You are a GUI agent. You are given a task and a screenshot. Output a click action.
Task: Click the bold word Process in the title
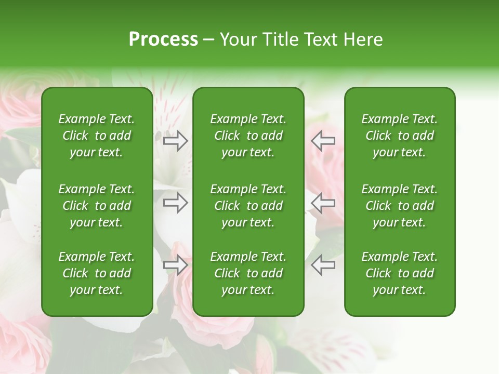[163, 39]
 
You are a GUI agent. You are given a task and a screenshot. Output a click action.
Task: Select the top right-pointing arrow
[175, 141]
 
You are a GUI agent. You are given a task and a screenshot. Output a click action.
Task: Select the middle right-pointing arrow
[175, 203]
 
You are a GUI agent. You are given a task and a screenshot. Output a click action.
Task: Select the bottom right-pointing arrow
[175, 265]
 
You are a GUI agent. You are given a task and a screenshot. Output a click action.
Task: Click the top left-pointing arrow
[323, 141]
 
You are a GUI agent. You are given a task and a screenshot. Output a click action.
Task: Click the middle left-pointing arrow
[323, 203]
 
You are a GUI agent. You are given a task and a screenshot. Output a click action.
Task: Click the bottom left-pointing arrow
[323, 265]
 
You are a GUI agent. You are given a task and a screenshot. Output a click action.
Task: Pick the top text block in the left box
[97, 136]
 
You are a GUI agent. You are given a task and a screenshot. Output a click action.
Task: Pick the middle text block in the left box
[97, 206]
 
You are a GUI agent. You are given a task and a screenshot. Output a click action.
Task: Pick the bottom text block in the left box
[97, 273]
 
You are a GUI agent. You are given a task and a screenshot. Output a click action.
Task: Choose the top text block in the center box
[248, 136]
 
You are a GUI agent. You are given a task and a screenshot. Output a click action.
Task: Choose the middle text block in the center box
[248, 206]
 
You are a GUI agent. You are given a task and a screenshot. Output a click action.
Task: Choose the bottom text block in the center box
[248, 273]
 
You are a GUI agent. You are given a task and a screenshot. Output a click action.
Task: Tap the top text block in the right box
[399, 136]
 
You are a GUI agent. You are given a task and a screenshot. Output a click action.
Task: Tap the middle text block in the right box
[399, 206]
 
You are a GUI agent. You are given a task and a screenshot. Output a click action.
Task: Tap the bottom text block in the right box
[399, 273]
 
